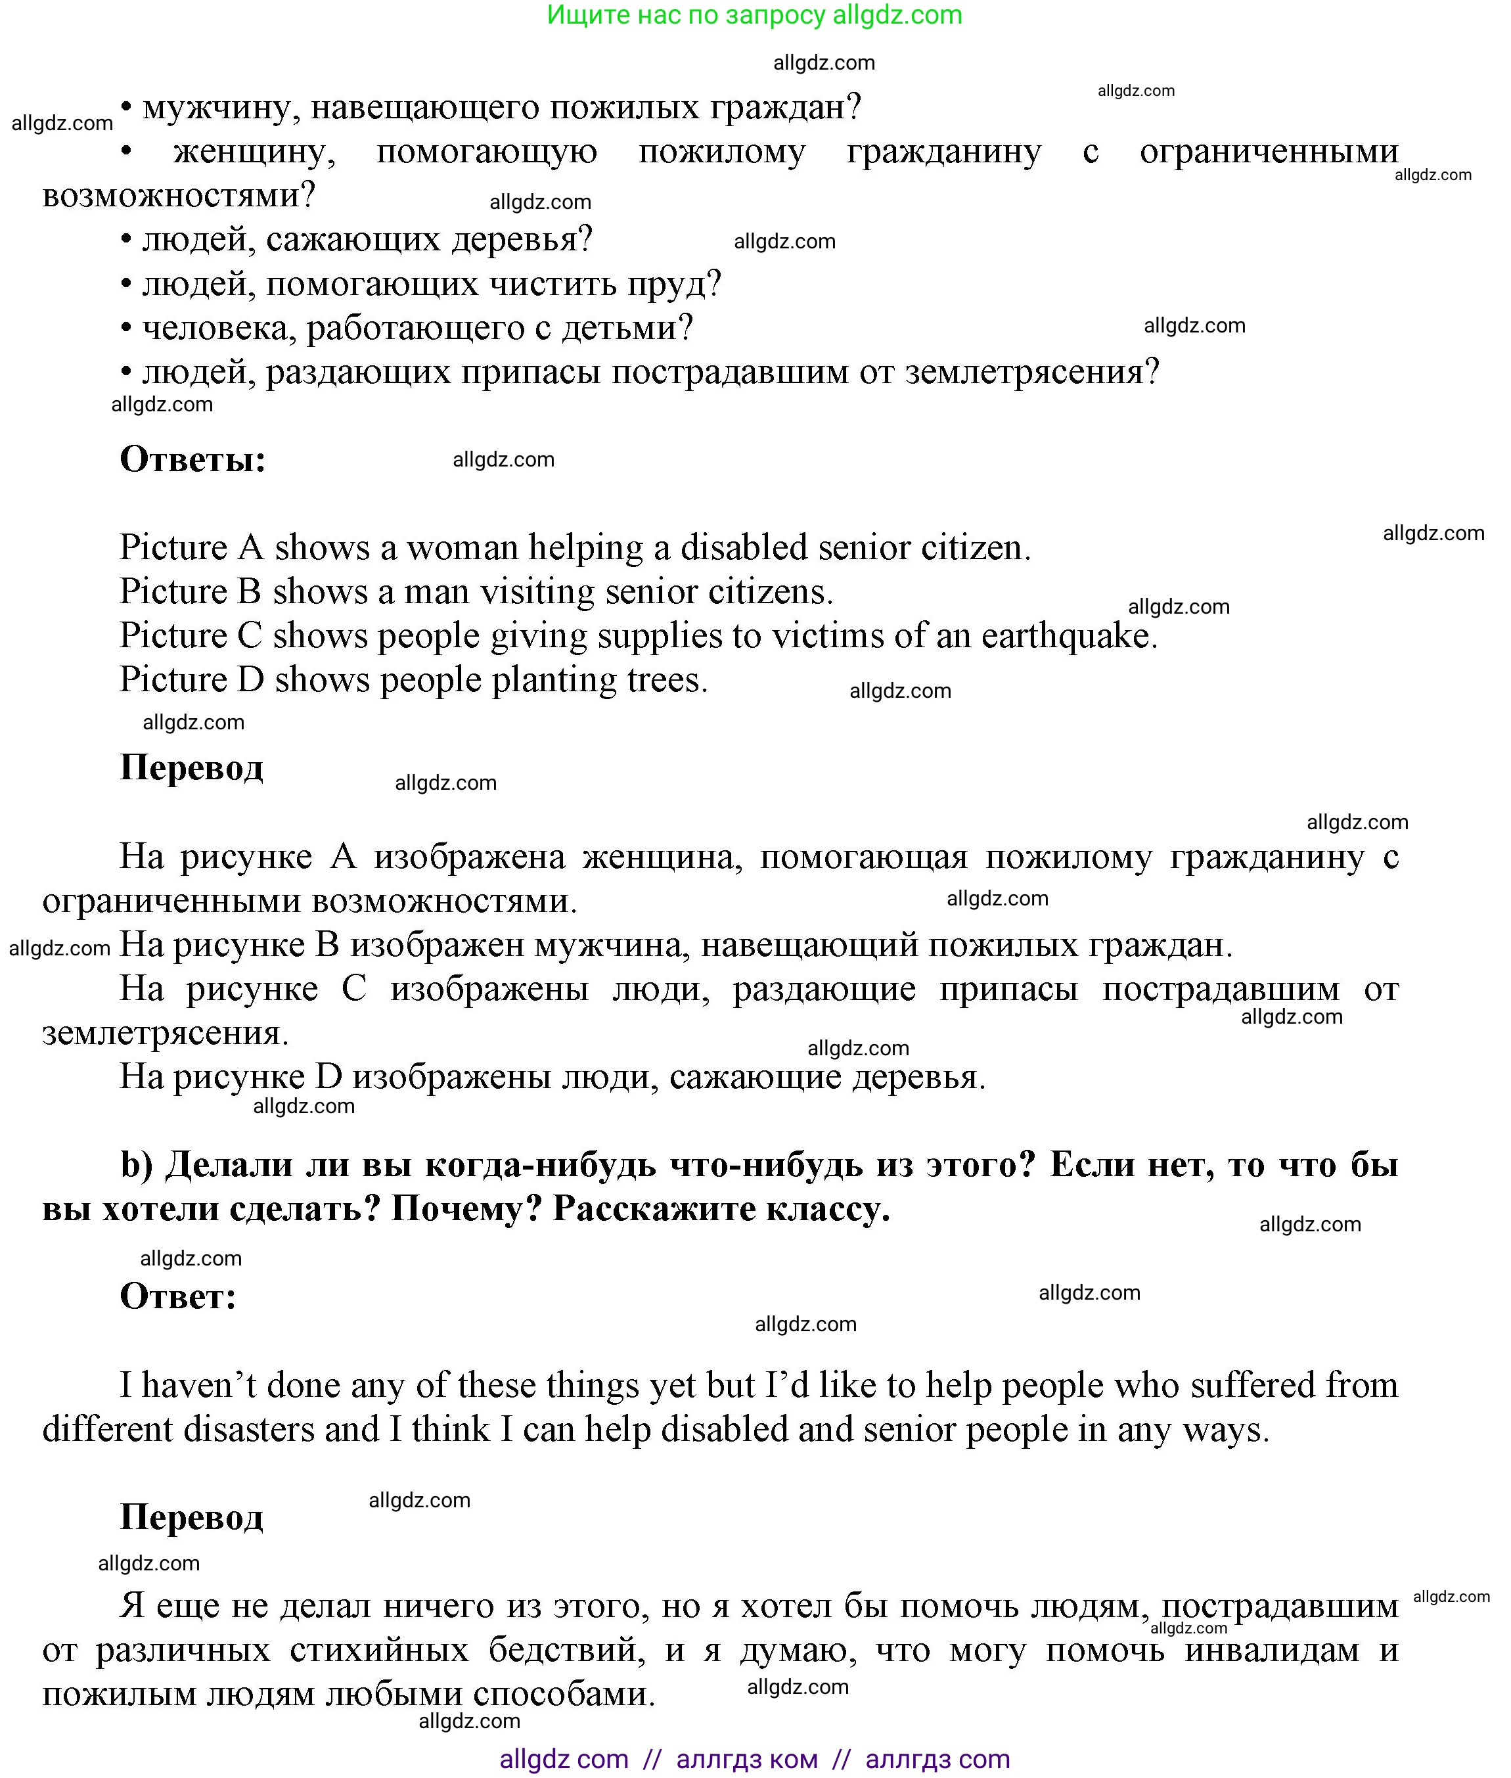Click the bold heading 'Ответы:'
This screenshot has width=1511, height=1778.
(x=192, y=459)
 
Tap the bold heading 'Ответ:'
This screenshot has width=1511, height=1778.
(x=177, y=1296)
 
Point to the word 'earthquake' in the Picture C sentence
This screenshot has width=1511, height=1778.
(x=1068, y=636)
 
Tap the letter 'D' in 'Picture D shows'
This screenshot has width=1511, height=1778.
(x=250, y=680)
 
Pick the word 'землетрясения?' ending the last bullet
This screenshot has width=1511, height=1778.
(x=1032, y=373)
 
